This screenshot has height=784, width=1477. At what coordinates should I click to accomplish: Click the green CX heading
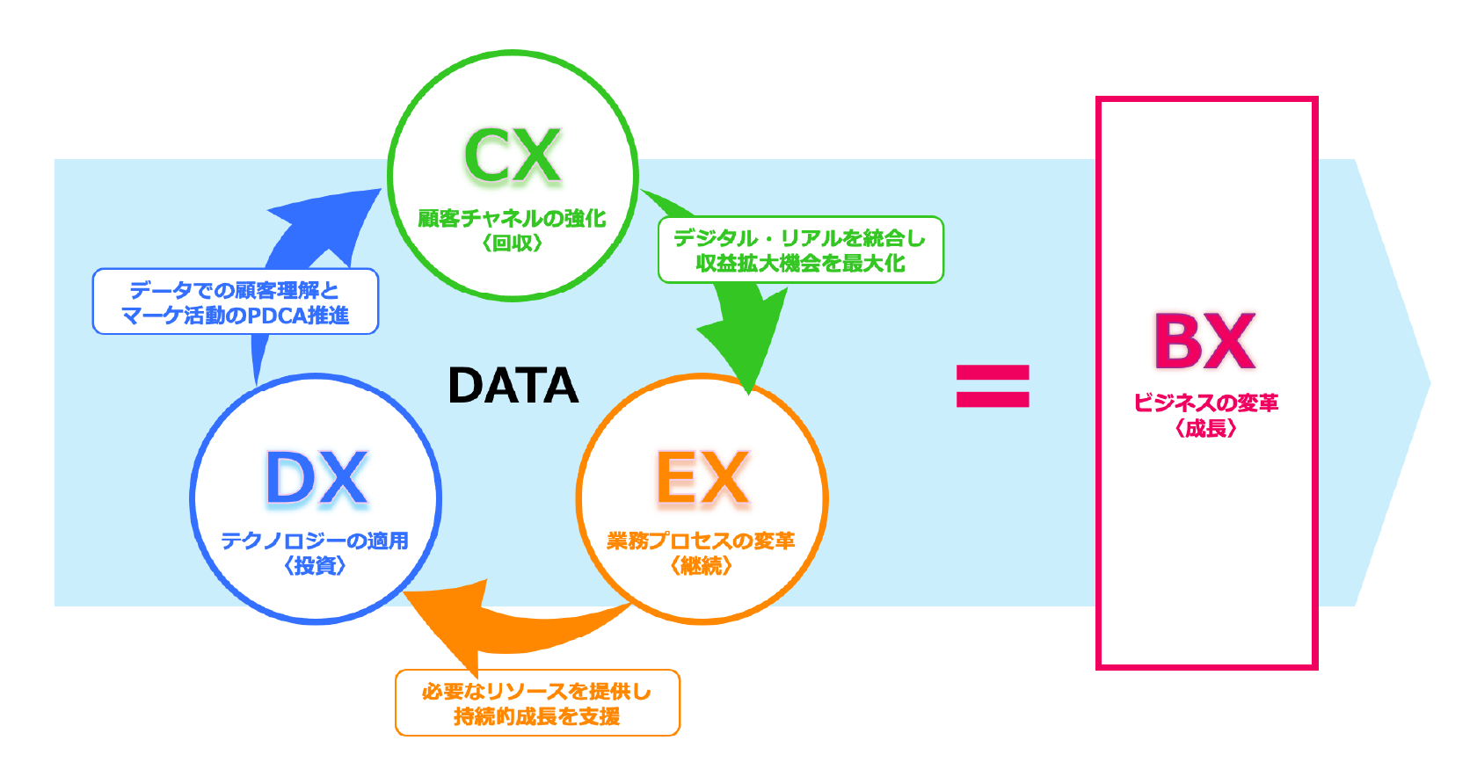point(512,156)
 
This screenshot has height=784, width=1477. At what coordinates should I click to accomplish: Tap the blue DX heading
point(316,479)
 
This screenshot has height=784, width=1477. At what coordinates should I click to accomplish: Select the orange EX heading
point(702,479)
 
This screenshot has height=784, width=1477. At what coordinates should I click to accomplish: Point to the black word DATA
point(513,385)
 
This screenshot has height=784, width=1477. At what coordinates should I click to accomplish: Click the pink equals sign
point(993,386)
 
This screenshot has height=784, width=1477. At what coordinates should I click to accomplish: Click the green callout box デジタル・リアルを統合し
point(800,250)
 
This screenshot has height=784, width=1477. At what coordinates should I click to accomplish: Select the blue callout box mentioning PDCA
point(236,301)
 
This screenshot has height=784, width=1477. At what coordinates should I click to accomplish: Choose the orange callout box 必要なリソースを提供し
point(537,703)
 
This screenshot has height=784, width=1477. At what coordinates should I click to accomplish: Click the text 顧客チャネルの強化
point(512,218)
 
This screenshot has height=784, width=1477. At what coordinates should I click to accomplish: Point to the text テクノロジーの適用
point(315,541)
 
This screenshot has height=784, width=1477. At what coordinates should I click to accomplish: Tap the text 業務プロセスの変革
point(701,541)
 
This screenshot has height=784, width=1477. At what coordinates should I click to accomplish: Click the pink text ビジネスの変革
point(1205,403)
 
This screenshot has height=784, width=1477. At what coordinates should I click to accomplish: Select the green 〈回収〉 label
point(512,243)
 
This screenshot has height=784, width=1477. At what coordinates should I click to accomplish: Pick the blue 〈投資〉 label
point(315,566)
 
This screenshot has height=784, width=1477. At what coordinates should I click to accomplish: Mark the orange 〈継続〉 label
point(701,566)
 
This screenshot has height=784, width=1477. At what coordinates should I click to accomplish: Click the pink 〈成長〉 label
point(1205,429)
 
